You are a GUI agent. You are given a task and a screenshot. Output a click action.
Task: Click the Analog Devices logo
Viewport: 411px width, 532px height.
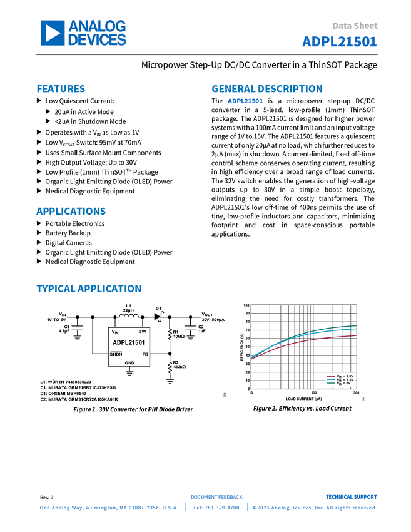83,33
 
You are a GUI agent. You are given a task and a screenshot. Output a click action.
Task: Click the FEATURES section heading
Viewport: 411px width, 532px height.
61,89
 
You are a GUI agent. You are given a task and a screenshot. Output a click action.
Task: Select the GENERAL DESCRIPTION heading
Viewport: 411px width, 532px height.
266,89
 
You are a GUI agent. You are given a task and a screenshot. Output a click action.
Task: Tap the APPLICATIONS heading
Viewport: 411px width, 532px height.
71,212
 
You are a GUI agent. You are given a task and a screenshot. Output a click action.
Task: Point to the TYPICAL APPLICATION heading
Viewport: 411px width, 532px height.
88,289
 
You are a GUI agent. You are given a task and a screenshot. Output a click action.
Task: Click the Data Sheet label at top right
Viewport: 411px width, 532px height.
355,26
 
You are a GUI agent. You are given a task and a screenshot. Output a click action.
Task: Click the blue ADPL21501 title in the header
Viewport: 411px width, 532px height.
340,41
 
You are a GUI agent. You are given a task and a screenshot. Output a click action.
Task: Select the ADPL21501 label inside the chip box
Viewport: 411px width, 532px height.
129,342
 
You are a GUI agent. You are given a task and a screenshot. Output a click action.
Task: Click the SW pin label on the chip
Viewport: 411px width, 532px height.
143,331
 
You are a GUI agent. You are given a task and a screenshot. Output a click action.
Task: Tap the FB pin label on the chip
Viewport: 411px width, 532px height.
145,354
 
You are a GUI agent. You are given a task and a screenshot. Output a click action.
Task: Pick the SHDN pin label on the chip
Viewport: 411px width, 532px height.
116,354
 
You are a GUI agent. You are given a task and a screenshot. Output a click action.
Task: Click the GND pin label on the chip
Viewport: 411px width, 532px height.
129,363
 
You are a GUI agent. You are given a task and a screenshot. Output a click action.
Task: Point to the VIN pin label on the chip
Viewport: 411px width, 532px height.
115,332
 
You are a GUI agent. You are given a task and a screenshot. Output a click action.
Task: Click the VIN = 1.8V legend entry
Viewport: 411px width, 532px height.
338,376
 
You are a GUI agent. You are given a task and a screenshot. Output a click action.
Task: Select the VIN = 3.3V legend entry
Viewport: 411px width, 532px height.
338,380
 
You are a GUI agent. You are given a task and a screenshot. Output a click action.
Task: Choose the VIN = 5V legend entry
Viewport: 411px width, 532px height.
338,384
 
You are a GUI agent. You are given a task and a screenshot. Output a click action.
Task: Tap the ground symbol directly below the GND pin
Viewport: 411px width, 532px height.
129,375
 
